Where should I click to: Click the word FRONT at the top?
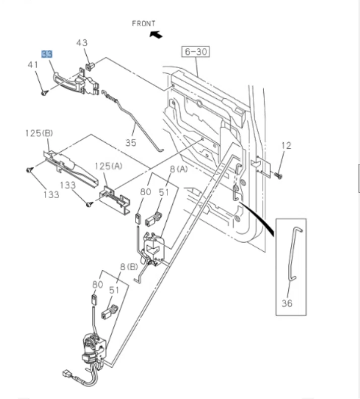144,23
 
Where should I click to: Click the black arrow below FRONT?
156,34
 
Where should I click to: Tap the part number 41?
33,65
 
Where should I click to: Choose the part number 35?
131,143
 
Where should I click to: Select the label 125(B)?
39,133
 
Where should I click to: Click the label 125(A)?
109,165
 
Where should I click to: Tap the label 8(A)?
178,169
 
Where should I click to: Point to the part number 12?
286,146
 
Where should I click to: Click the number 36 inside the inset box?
287,303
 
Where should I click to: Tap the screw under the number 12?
279,176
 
